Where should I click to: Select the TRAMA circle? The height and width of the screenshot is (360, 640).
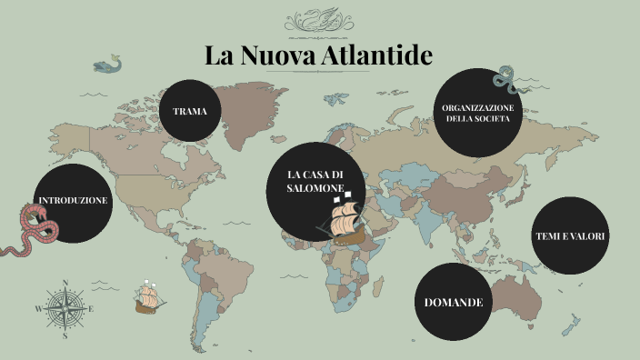[x=190, y=111]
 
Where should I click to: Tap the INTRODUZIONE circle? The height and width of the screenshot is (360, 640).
[x=73, y=201]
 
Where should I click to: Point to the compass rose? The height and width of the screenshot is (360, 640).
[x=64, y=307]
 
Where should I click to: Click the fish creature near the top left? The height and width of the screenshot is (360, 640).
[x=108, y=65]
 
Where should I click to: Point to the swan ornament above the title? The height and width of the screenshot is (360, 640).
[x=319, y=20]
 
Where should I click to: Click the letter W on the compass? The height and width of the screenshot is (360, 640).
[x=38, y=309]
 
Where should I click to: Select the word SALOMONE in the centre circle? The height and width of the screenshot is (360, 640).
[x=315, y=187]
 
